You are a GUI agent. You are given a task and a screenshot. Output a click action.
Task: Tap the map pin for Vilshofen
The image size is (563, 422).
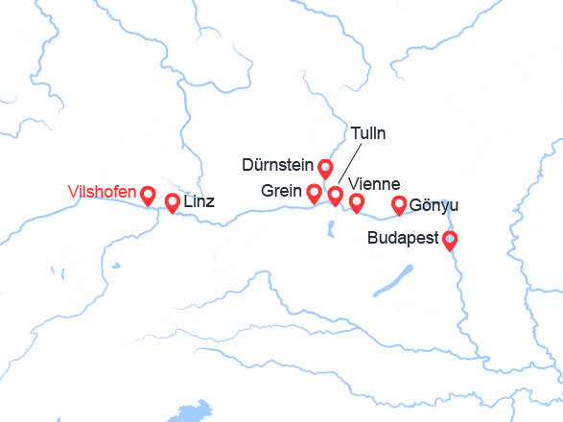pyautogui.click(x=149, y=196)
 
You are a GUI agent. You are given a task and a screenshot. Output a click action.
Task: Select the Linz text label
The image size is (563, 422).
pyautogui.click(x=199, y=202)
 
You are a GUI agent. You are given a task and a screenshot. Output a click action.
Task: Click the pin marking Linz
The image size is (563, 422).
pyautogui.click(x=173, y=202)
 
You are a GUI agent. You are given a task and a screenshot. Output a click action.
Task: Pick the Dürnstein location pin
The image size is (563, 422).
pyautogui.click(x=325, y=169)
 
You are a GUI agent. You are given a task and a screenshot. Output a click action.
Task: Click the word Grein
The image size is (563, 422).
pyautogui.click(x=281, y=191)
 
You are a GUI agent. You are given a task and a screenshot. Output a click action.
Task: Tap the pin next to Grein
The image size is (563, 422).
pyautogui.click(x=313, y=193)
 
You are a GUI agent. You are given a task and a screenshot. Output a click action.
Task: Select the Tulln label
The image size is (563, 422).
pyautogui.click(x=368, y=133)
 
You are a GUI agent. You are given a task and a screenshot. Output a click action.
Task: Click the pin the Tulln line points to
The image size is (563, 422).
pyautogui.click(x=335, y=196)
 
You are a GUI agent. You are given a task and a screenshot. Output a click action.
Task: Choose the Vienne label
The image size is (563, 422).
pyautogui.click(x=374, y=184)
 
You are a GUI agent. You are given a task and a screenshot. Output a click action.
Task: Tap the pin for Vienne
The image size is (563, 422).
pyautogui.click(x=357, y=201)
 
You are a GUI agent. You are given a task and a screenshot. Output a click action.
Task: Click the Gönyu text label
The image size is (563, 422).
pyautogui.click(x=434, y=205)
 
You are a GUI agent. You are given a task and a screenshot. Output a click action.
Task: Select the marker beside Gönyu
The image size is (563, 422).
pyautogui.click(x=400, y=204)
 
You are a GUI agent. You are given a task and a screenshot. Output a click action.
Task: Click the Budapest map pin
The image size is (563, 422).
pyautogui.click(x=448, y=240)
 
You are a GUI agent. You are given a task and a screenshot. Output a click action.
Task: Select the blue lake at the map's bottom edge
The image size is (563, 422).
pyautogui.click(x=192, y=413)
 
